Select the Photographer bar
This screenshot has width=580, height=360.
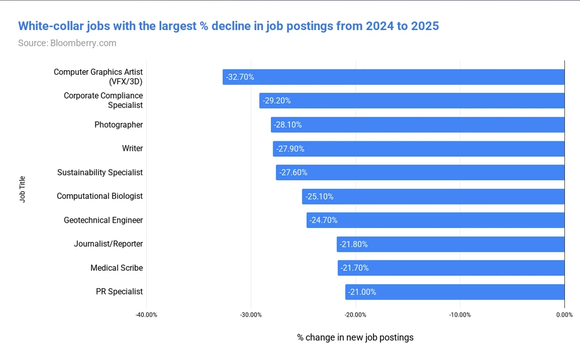coord(418,125)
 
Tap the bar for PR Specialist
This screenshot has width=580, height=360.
coord(455,292)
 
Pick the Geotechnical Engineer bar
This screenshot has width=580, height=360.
coord(435,220)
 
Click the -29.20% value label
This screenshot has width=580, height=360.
coord(277,101)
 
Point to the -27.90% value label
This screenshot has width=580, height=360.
coord(290,149)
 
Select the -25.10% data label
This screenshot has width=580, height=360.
coord(319,197)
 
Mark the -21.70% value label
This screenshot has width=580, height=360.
coord(354,268)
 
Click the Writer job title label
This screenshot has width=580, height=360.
coord(132,148)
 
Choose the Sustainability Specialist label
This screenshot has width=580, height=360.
coord(100,172)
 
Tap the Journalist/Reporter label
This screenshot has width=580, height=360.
coord(108,244)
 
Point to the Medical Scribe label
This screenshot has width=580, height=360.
coord(117,268)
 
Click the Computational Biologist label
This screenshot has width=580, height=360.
coord(100,196)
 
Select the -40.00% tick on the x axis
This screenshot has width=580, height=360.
coord(146,315)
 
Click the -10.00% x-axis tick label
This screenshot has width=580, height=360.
coord(460,315)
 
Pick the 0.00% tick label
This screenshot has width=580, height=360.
coord(564,315)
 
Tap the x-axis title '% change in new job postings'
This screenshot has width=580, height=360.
coord(355,337)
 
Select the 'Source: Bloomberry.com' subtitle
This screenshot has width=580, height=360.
coord(67,43)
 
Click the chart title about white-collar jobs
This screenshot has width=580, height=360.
coord(229,26)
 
